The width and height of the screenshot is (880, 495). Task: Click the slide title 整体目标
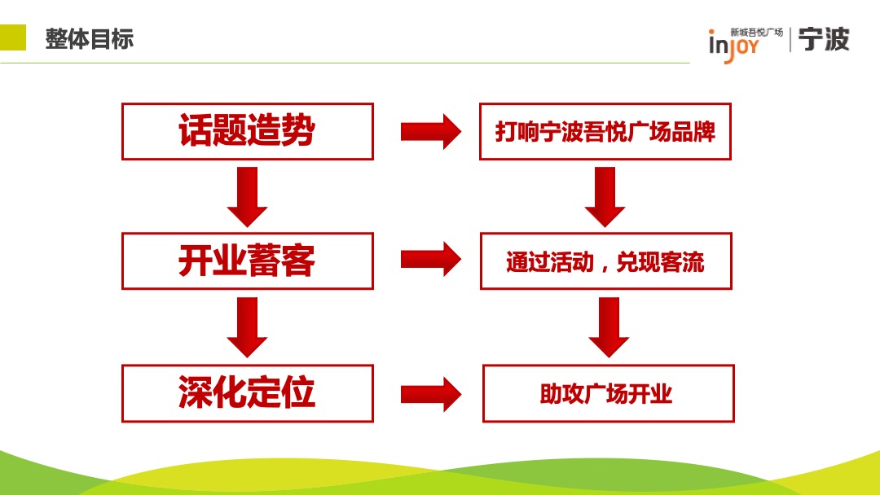coord(90,38)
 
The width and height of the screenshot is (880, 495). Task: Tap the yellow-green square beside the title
coord(13,37)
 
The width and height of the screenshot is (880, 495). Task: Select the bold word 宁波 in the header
coord(824,39)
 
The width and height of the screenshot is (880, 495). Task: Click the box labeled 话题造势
coord(247,131)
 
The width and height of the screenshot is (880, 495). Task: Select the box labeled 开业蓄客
coord(247,261)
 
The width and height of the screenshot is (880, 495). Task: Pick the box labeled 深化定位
coord(247,393)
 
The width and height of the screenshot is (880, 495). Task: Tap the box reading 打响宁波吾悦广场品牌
coord(605,131)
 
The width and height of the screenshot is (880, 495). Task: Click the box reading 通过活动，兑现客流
coord(605,261)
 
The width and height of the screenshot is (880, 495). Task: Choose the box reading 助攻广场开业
coord(608,393)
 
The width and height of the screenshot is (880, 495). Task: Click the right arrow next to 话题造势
coord(430,131)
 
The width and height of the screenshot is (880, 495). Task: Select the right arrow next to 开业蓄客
coord(430,260)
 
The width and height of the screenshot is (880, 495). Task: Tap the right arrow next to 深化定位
coord(430,394)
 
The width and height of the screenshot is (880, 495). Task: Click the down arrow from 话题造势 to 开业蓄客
coord(247,196)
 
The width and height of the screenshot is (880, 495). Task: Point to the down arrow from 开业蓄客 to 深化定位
coord(247,326)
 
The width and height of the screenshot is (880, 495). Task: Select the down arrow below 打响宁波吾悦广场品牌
coord(605,196)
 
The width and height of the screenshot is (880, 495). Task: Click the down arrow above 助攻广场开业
coord(609,326)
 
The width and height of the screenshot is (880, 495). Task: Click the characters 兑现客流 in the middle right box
coord(660,262)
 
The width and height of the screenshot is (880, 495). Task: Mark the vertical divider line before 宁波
coord(789,39)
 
